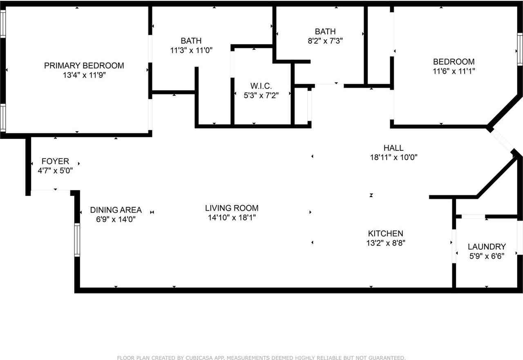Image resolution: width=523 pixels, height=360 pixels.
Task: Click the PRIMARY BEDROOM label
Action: pyautogui.click(x=84, y=65)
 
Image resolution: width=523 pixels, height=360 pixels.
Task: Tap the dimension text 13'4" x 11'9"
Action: pyautogui.click(x=84, y=75)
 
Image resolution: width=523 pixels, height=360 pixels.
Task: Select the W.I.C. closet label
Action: pyautogui.click(x=261, y=86)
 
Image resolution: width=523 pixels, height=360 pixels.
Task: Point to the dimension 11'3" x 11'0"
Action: pyautogui.click(x=191, y=50)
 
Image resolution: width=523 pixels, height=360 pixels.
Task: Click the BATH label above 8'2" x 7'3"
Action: pyautogui.click(x=325, y=31)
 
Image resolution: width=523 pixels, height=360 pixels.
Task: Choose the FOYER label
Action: pyautogui.click(x=55, y=161)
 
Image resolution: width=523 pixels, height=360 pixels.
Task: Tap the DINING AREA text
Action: pyautogui.click(x=116, y=210)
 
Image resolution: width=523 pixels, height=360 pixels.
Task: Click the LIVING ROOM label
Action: pyautogui.click(x=232, y=208)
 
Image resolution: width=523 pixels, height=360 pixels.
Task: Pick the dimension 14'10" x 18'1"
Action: pyautogui.click(x=232, y=218)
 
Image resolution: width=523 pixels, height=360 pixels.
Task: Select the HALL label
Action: pyautogui.click(x=393, y=148)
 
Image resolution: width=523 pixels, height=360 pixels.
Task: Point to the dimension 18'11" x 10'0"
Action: pyautogui.click(x=393, y=157)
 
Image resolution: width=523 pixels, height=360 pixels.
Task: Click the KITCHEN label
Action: pyautogui.click(x=385, y=233)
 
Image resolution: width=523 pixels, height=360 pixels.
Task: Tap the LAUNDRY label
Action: pyautogui.click(x=487, y=246)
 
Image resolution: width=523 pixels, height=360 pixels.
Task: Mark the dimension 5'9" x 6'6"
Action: pyautogui.click(x=486, y=256)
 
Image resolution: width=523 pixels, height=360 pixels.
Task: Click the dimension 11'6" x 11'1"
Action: pyautogui.click(x=454, y=71)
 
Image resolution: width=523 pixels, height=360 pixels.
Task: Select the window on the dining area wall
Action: pyautogui.click(x=77, y=240)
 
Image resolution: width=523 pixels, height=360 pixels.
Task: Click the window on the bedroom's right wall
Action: pyautogui.click(x=520, y=49)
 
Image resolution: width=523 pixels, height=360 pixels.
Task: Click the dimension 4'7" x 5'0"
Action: pyautogui.click(x=55, y=171)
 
